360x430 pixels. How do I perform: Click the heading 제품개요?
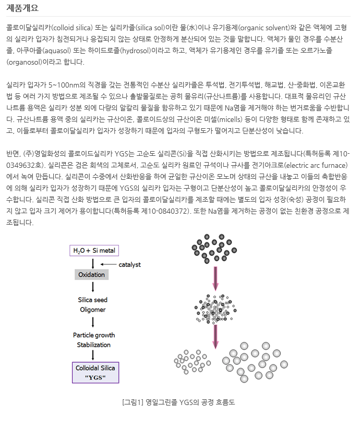22,8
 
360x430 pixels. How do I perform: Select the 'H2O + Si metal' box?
94,251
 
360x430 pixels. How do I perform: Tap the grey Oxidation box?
92,275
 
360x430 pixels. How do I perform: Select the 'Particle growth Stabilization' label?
94,340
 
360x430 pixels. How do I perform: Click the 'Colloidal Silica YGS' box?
95,373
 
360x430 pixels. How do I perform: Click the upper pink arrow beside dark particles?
214,279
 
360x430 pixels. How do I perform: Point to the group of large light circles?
256,360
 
